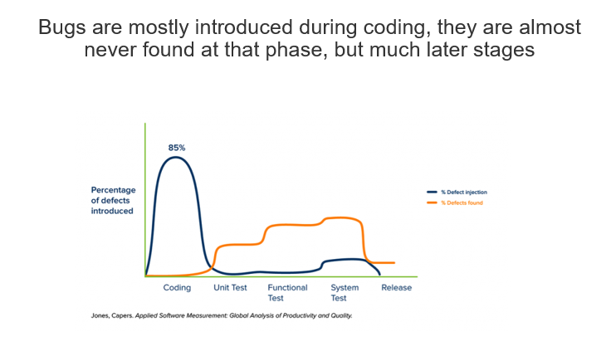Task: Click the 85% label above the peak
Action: click(177, 148)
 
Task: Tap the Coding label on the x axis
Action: click(177, 288)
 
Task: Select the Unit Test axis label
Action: click(230, 288)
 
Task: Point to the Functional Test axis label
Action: click(287, 293)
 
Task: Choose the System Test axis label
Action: click(345, 293)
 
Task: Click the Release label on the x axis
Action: click(396, 288)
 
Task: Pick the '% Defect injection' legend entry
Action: click(457, 192)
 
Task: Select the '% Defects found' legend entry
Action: click(455, 202)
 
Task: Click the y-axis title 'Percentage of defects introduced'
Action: click(114, 201)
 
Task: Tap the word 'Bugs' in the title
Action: click(62, 27)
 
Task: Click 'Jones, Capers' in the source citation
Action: click(112, 316)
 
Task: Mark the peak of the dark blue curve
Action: click(175, 158)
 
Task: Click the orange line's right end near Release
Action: click(394, 263)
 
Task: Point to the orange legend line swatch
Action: click(432, 202)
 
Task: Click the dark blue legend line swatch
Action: click(432, 192)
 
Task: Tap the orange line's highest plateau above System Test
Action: click(342, 218)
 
